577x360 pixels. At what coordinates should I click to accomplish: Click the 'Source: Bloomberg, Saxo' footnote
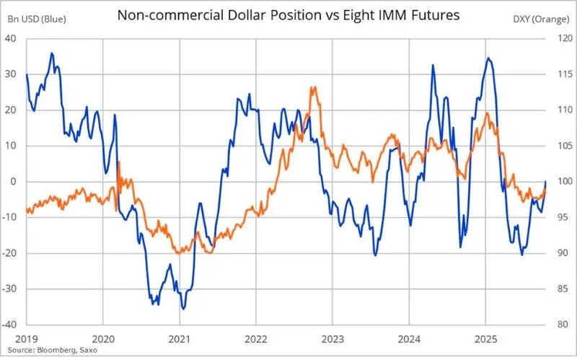click(x=53, y=350)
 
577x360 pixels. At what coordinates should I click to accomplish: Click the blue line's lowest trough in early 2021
click(x=183, y=309)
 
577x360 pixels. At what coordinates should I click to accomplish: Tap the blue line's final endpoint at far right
click(x=546, y=182)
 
